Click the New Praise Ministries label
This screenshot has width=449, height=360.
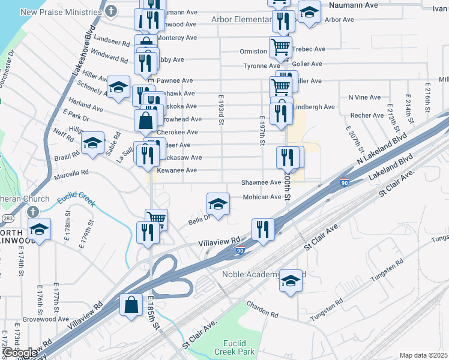[61, 12]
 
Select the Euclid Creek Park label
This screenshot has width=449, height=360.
[235, 347]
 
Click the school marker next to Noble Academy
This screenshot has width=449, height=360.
[290, 281]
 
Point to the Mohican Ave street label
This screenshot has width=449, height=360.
[262, 197]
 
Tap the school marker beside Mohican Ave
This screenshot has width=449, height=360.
[218, 204]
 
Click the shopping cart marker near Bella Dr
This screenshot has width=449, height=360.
[156, 218]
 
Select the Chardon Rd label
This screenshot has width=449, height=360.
[265, 314]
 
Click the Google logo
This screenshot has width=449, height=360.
[20, 353]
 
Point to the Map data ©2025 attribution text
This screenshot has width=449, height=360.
[424, 355]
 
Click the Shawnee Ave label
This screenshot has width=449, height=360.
[261, 182]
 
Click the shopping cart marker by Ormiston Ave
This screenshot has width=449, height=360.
[280, 46]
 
